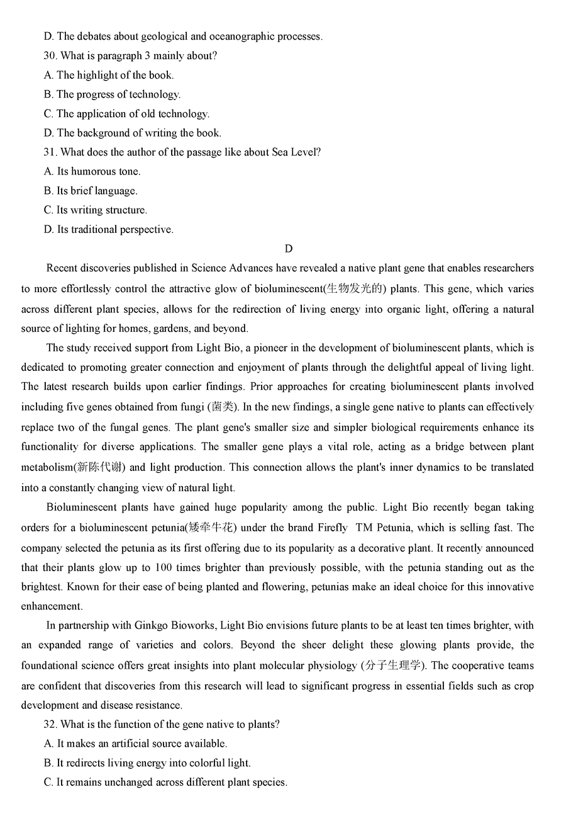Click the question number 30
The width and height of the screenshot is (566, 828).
coord(50,56)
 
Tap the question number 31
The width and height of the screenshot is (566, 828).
coord(50,152)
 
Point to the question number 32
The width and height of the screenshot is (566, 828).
coord(50,725)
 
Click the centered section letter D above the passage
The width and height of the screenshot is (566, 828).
coord(289,249)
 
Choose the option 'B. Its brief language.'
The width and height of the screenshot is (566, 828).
coord(91,191)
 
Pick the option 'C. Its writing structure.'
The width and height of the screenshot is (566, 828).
coord(96,210)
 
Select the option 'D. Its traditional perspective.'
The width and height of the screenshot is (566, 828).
coord(108,230)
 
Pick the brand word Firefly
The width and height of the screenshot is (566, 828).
coord(330,528)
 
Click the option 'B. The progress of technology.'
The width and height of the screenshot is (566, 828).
coord(112,94)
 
